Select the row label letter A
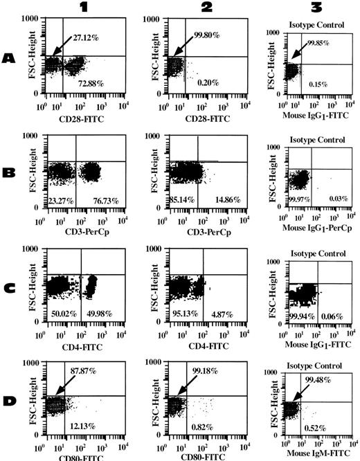coord(10,60)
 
